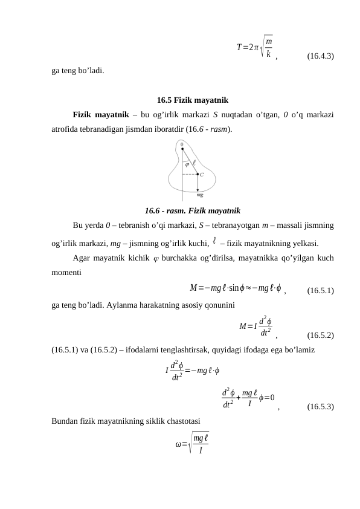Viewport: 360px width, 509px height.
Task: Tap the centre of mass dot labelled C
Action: coord(198,173)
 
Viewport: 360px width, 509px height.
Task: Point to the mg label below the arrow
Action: coord(199,195)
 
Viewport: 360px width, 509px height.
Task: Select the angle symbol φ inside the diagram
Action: coord(187,163)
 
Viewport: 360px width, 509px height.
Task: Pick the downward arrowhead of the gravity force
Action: coord(198,189)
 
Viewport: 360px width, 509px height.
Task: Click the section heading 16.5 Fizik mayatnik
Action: coord(192,100)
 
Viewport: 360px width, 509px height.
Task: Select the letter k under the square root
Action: coord(268,53)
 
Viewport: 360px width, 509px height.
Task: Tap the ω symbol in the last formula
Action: coord(178,446)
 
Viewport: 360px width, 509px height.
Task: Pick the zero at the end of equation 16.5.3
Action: coord(273,397)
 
